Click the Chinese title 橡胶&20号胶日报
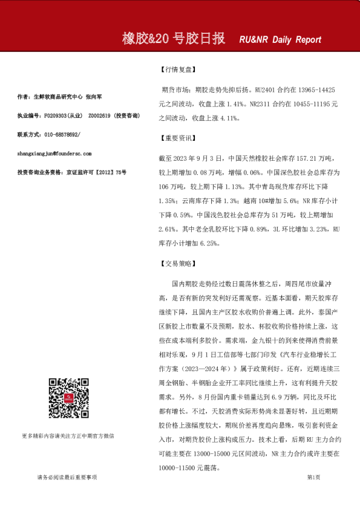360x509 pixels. click(x=174, y=39)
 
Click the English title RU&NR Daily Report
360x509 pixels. click(x=280, y=40)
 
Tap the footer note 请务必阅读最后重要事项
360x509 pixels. click(x=67, y=477)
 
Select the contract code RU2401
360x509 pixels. click(x=269, y=89)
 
